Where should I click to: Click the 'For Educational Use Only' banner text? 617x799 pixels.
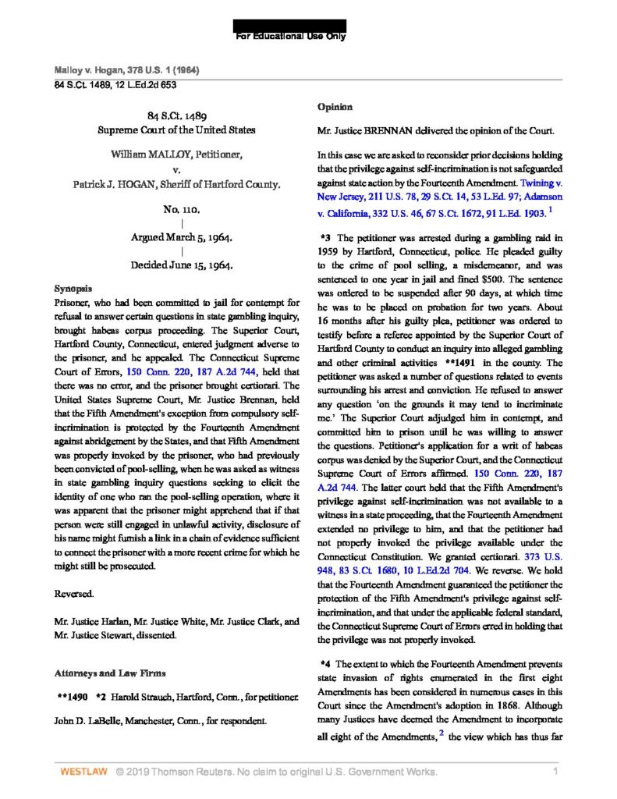pos(291,36)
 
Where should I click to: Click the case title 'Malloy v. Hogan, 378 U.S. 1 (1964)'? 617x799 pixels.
pos(126,70)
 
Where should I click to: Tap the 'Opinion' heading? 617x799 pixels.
pos(335,106)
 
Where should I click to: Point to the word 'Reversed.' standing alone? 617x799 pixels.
pos(75,594)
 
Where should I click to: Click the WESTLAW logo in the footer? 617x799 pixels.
pos(80,772)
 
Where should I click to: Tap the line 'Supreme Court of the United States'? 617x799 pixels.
pos(181,130)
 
